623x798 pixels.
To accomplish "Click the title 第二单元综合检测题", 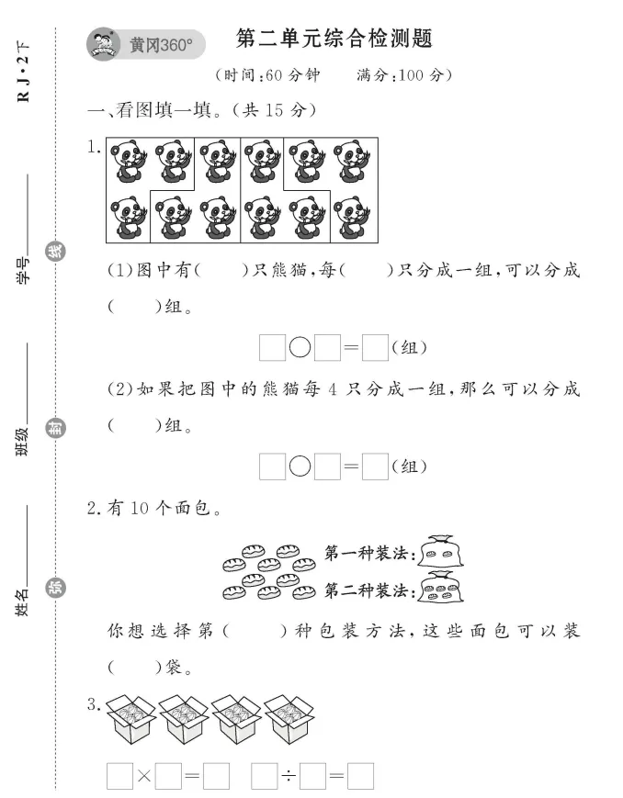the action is coord(334,39).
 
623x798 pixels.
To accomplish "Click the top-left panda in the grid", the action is coord(129,163).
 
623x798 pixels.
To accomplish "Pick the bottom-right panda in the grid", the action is coord(352,219).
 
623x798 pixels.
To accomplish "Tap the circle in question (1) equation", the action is coord(300,348).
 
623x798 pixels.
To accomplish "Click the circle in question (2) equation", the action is coord(300,466).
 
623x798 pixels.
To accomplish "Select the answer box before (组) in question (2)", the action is coord(374,466).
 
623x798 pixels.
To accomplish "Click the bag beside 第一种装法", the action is coord(440,552).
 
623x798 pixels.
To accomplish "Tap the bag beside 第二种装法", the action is coord(441,586).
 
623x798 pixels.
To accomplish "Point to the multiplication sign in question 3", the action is coord(143,777).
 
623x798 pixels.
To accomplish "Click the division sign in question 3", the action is coord(288,777).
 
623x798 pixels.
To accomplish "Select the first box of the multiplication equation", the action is coord(119,777).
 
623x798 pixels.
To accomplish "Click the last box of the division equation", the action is coord(360,777).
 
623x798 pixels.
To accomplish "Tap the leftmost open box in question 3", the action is coord(130,719).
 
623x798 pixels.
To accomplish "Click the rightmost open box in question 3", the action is coord(289,719).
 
